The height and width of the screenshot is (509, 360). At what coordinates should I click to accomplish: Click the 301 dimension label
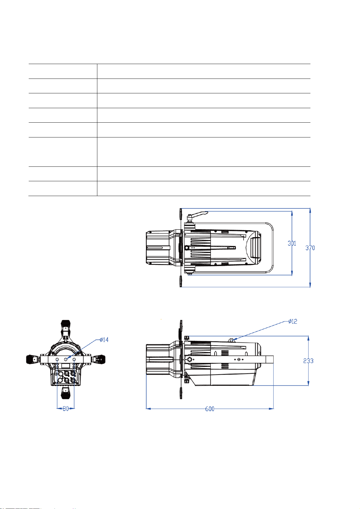[292, 243]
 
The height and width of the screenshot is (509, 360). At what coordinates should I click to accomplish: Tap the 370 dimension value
[310, 248]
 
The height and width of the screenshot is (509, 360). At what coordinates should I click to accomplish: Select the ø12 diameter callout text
[293, 321]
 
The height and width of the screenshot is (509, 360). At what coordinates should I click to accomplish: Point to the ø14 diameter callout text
[104, 340]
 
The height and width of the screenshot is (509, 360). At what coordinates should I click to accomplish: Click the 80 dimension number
[66, 409]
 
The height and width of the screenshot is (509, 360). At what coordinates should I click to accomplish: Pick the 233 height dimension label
[308, 361]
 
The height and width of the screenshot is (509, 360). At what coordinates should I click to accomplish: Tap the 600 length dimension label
[210, 409]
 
